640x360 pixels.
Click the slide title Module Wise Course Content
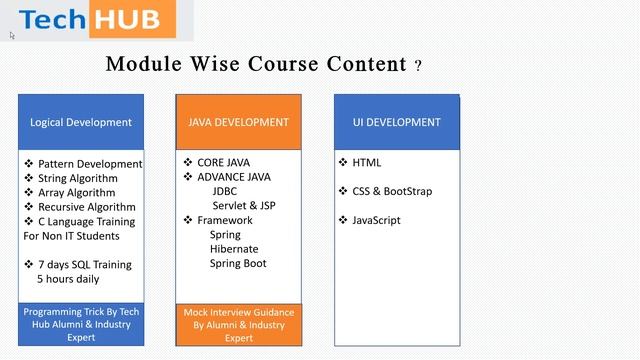click(256, 65)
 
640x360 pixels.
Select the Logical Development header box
click(81, 122)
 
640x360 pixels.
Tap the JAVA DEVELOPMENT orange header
click(238, 122)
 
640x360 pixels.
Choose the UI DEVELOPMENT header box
click(396, 122)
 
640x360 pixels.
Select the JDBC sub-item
click(225, 191)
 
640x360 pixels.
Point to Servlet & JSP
click(243, 205)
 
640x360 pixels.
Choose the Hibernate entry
click(233, 249)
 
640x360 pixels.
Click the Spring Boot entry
click(237, 264)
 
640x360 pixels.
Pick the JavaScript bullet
click(376, 220)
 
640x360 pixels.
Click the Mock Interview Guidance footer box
click(238, 325)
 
